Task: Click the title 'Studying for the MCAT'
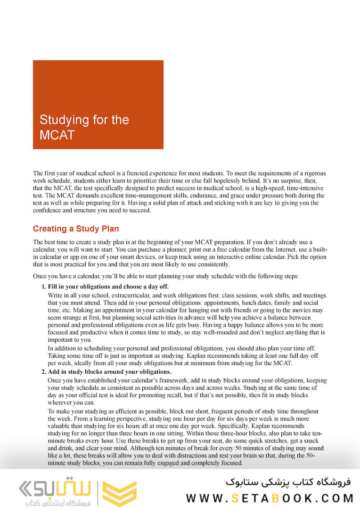(84, 127)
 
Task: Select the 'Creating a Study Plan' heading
(76, 229)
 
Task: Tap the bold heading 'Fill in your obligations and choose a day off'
(108, 287)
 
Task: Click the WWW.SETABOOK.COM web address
(270, 498)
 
